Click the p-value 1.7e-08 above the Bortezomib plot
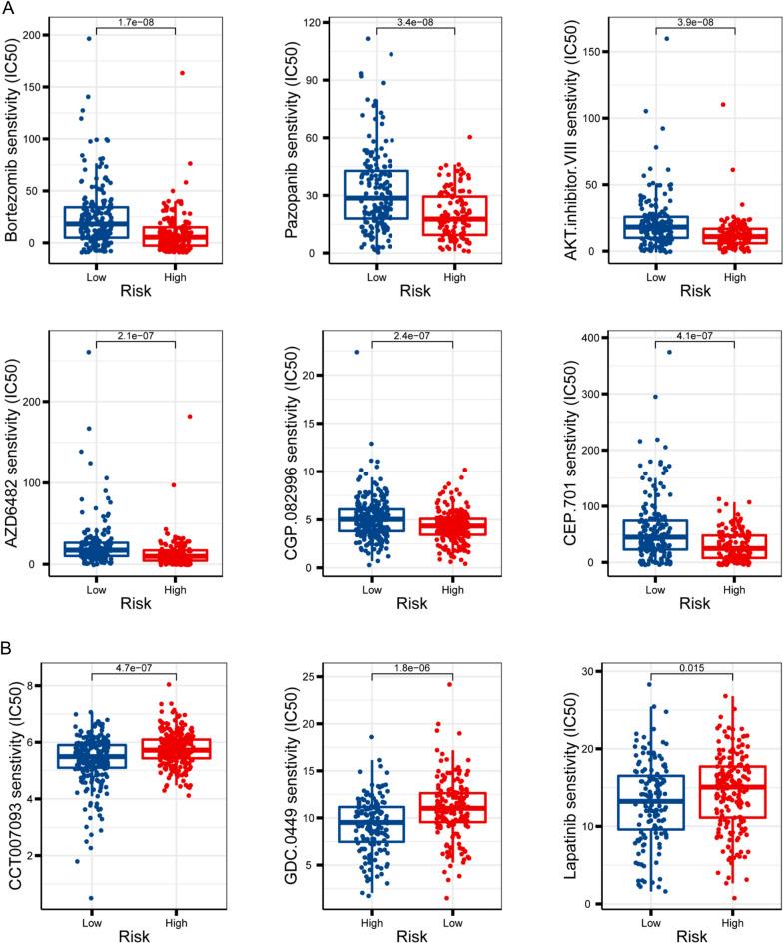133,18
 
